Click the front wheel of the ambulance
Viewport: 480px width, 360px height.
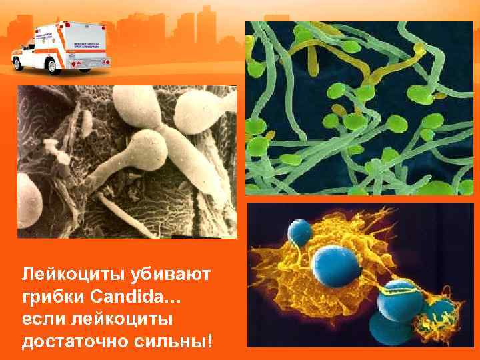tap(23, 64)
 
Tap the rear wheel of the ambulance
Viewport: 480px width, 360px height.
tap(87, 65)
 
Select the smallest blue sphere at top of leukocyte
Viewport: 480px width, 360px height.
tap(299, 233)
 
